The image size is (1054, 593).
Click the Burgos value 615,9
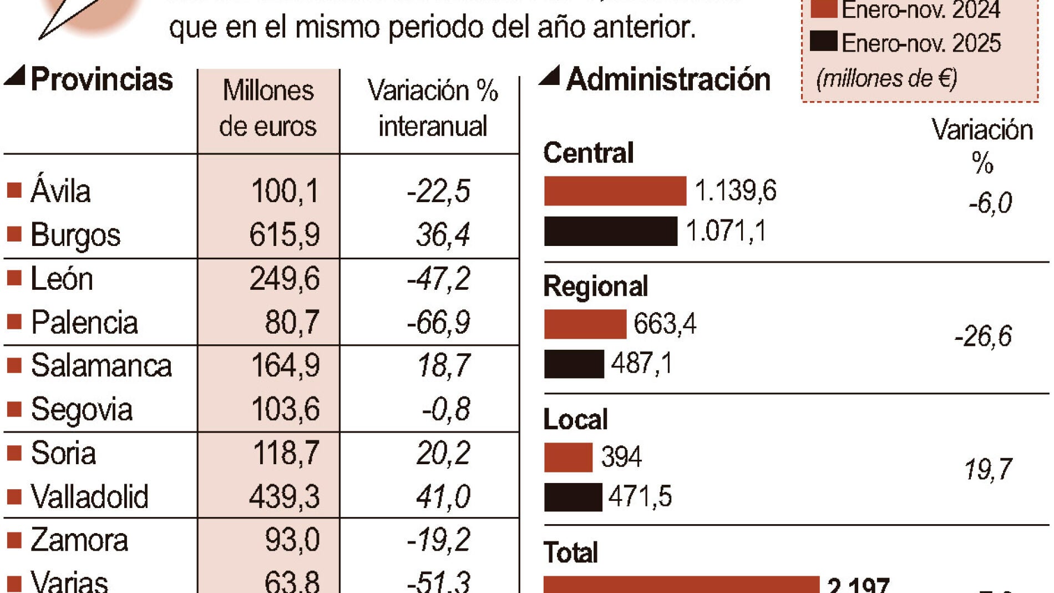tap(284, 235)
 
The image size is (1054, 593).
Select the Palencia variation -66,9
tap(438, 322)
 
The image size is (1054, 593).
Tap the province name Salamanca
tap(101, 366)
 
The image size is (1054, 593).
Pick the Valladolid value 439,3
tap(284, 496)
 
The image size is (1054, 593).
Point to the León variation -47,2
tap(438, 279)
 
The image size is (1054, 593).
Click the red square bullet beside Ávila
tap(14, 191)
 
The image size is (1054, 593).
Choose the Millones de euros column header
tap(268, 108)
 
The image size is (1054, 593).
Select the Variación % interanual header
tap(433, 108)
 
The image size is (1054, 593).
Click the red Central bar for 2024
tap(615, 191)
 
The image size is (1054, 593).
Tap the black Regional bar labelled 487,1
tap(574, 364)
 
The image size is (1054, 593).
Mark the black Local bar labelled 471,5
tap(572, 497)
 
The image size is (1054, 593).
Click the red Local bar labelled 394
tap(568, 458)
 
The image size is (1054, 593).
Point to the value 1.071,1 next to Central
tap(726, 231)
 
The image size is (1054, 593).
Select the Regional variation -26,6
tap(983, 336)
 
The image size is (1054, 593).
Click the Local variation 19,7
tap(989, 470)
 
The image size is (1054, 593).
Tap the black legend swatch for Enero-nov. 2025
tap(823, 42)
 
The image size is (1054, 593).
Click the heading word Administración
tap(668, 79)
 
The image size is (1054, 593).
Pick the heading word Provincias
tap(102, 79)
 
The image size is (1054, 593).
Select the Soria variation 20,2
tap(443, 453)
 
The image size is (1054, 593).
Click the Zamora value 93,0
tap(292, 540)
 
